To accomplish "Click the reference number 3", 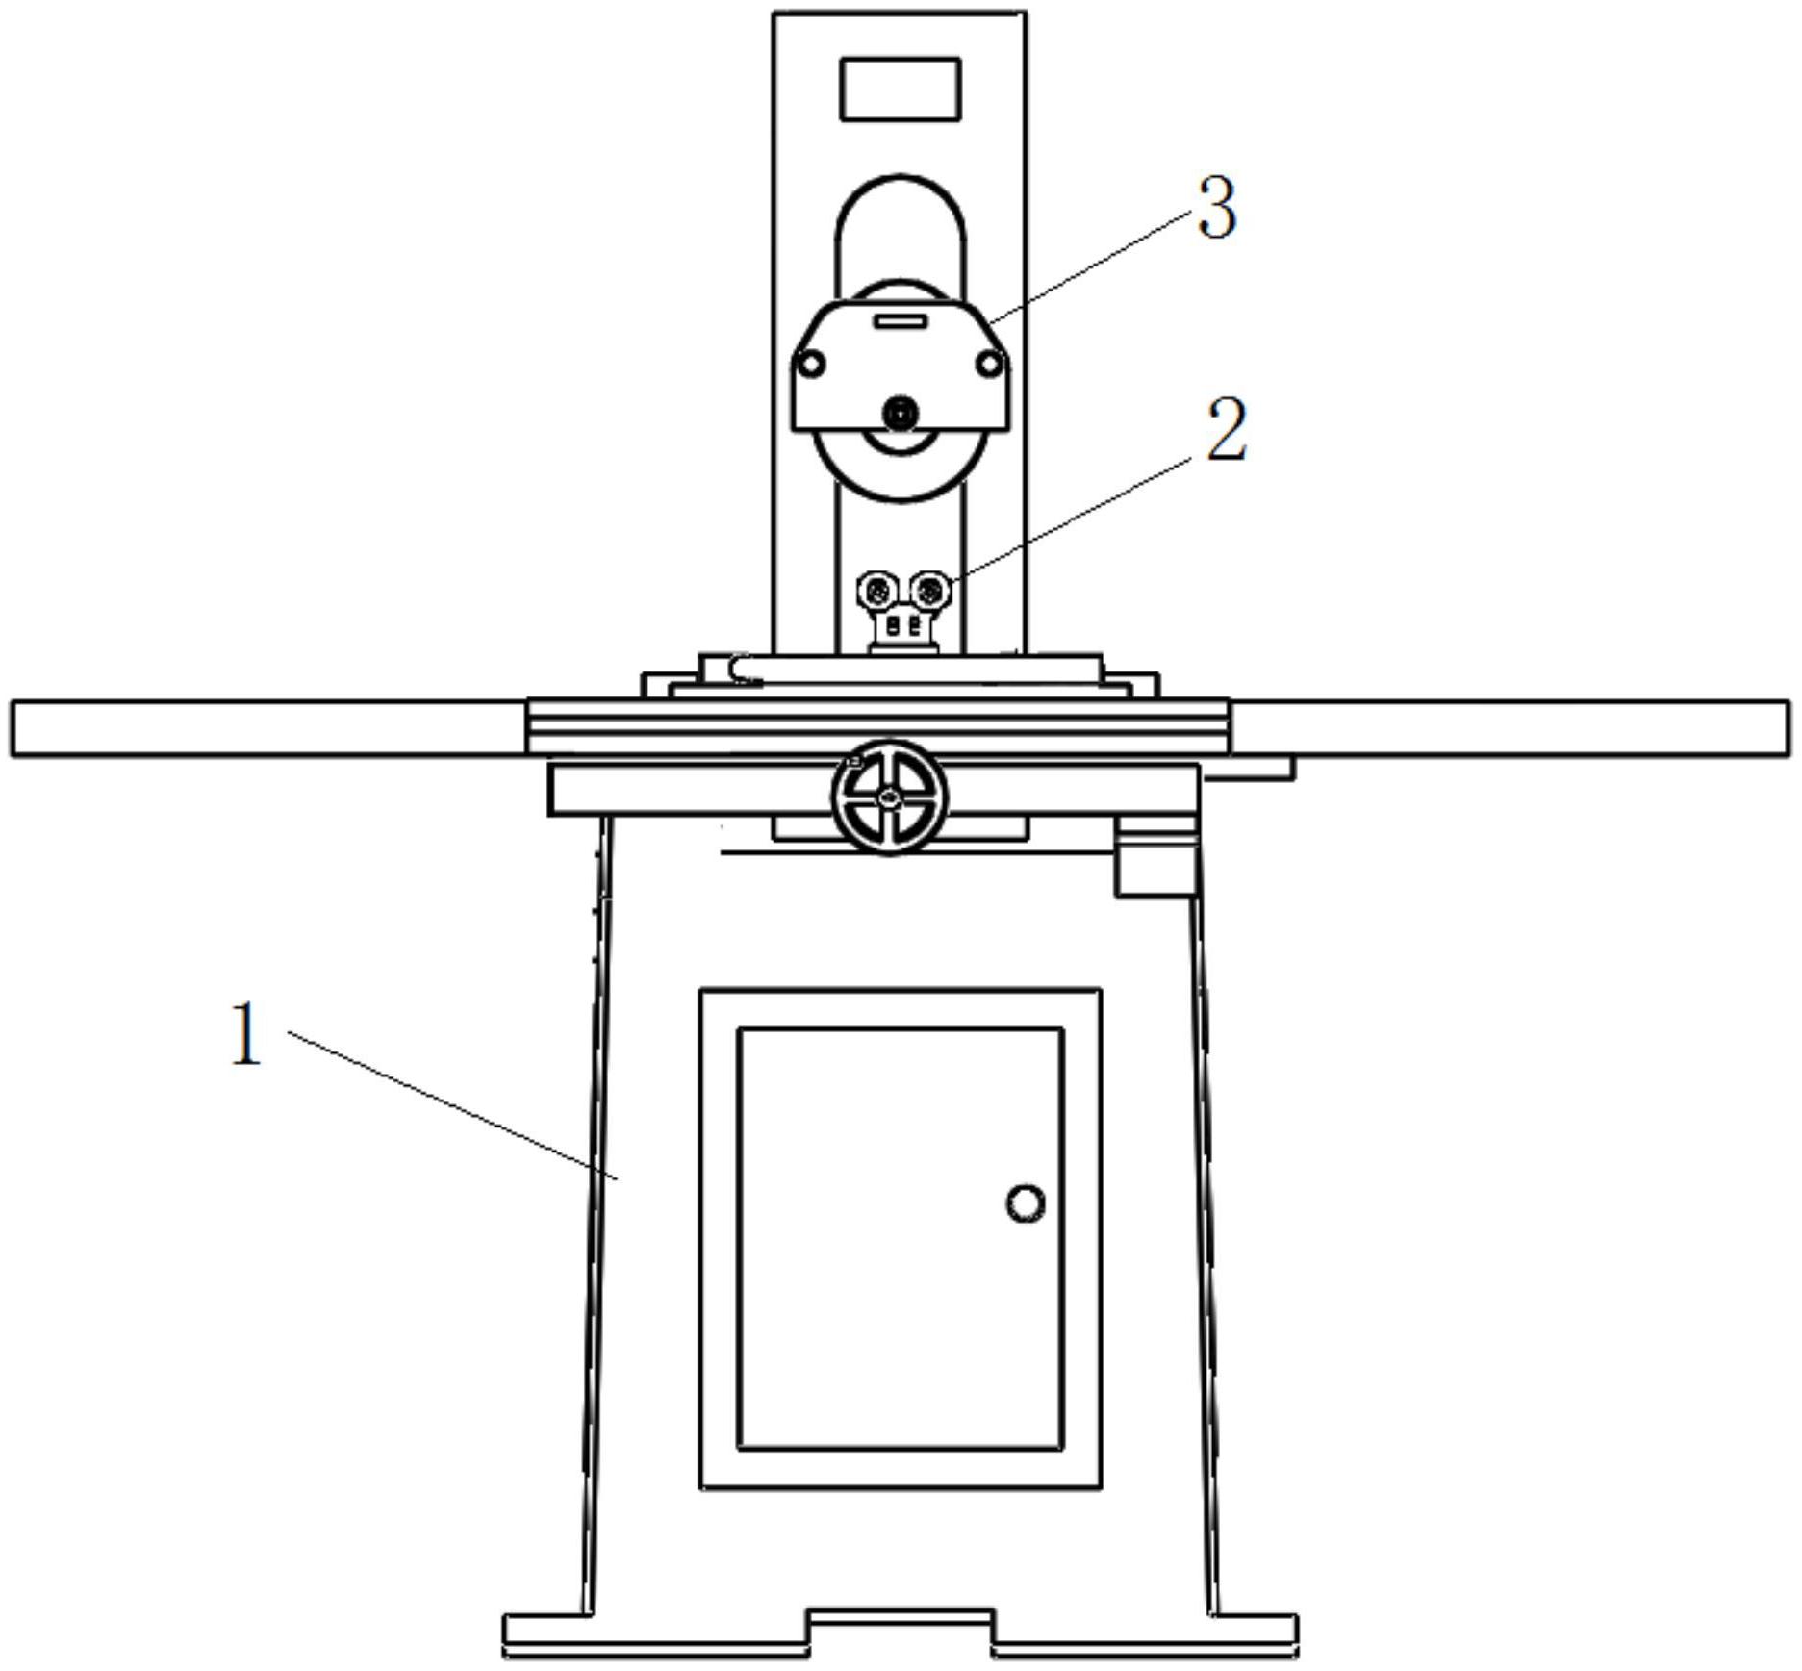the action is [1217, 208].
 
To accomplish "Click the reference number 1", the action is [245, 1033].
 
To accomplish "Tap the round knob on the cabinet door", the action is [1026, 1203].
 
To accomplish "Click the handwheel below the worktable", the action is [889, 798].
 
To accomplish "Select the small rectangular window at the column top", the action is [901, 89].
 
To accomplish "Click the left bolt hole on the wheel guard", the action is [812, 365].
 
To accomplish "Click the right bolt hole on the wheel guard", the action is [988, 365].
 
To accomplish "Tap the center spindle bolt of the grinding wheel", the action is [901, 414].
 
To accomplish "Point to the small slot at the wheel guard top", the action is [901, 320].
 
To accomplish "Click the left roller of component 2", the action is [877, 588].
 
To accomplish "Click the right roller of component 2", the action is [929, 588].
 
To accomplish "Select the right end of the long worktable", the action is [1789, 729].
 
